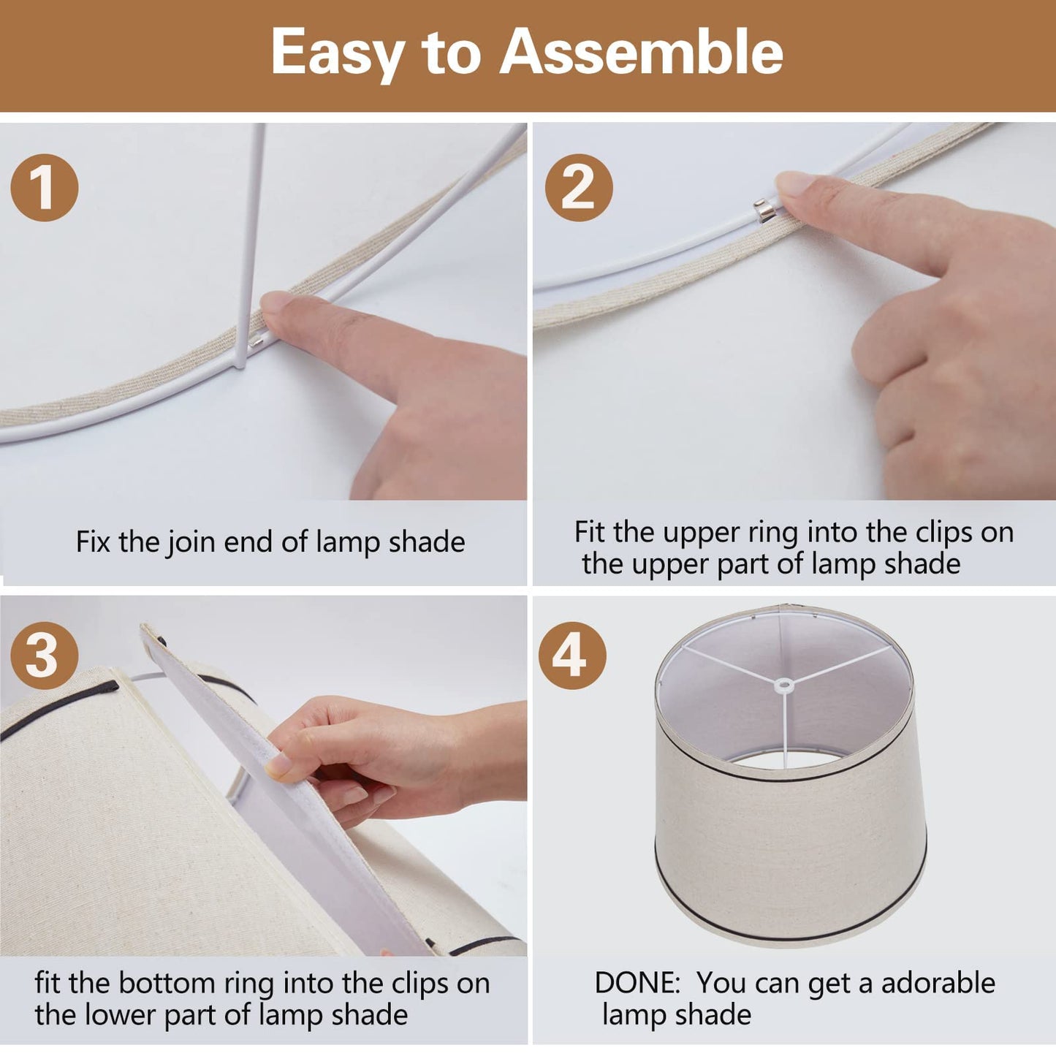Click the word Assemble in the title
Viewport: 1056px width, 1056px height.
point(641,51)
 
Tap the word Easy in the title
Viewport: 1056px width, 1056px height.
point(337,55)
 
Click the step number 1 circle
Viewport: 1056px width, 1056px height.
point(45,187)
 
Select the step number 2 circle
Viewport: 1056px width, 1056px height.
point(579,187)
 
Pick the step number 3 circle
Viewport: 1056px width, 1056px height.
point(45,655)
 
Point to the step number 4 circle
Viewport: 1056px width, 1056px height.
point(572,656)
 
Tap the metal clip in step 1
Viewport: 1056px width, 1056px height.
point(255,343)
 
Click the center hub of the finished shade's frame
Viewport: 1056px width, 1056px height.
point(784,685)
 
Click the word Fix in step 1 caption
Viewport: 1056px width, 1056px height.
point(94,542)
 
